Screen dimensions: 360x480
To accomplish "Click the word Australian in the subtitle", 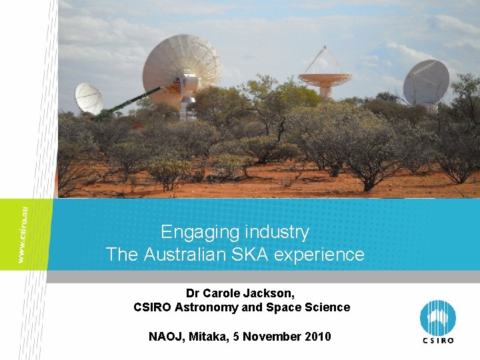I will click(179, 255).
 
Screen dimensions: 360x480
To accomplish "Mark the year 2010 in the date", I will click(317, 337).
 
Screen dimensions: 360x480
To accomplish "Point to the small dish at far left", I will click(88, 98).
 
